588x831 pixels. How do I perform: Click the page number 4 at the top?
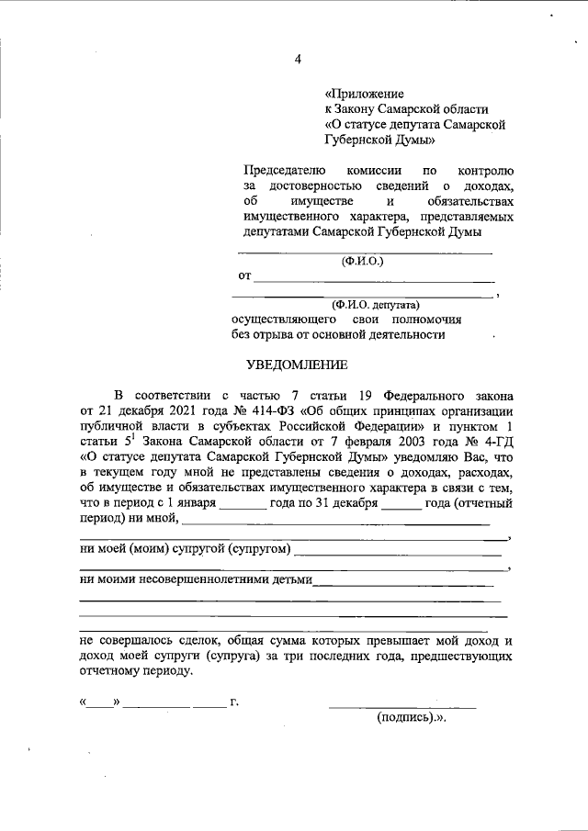point(297,60)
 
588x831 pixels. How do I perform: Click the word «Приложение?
point(365,94)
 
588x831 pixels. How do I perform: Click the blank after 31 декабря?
point(401,506)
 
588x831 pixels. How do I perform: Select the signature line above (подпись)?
point(402,707)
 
